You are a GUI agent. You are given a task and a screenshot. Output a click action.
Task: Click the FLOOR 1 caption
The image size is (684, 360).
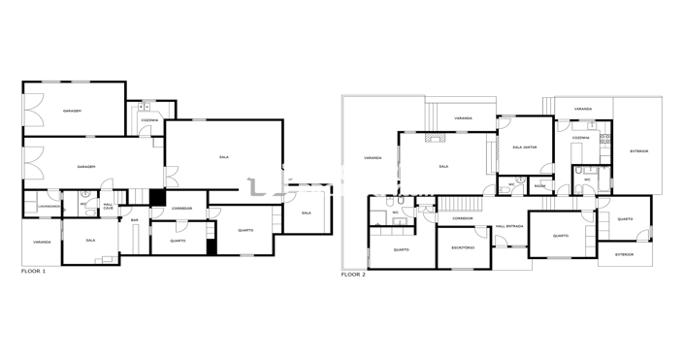coord(33,272)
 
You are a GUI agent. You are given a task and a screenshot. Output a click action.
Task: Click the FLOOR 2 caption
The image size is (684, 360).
coord(353,275)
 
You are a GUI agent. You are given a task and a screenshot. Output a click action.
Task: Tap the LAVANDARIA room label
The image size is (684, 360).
coord(49,207)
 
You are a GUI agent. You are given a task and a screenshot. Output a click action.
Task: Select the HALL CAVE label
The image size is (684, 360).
coord(108,207)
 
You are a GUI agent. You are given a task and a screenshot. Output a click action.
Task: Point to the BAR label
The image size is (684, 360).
coord(134,220)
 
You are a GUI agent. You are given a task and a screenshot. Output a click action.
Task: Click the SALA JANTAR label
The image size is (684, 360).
coord(524,147)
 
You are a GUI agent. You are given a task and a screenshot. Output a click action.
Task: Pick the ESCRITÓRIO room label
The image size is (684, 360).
coord(463,247)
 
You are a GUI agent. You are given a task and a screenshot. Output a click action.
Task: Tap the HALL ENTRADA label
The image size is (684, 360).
coord(509,226)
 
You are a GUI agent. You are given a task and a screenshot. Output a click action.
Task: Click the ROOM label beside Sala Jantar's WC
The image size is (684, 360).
coord(539,185)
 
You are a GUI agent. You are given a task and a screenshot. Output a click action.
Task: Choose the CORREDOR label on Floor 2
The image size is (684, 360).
coord(462,218)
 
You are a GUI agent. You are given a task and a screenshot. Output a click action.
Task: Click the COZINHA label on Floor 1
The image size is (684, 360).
coord(149,119)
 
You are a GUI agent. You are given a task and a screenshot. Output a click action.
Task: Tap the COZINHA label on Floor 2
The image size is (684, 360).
coord(581,138)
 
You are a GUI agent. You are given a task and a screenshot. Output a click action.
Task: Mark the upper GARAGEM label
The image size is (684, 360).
coord(72,112)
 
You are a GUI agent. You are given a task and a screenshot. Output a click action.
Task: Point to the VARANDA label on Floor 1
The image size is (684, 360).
coord(42,242)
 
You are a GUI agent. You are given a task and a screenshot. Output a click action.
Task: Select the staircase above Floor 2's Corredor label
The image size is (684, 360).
coord(461,204)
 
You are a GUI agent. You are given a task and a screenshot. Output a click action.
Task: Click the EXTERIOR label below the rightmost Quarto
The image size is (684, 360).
coord(624,255)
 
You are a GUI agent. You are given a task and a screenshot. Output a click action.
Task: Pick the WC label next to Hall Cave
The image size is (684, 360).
coord(83,204)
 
